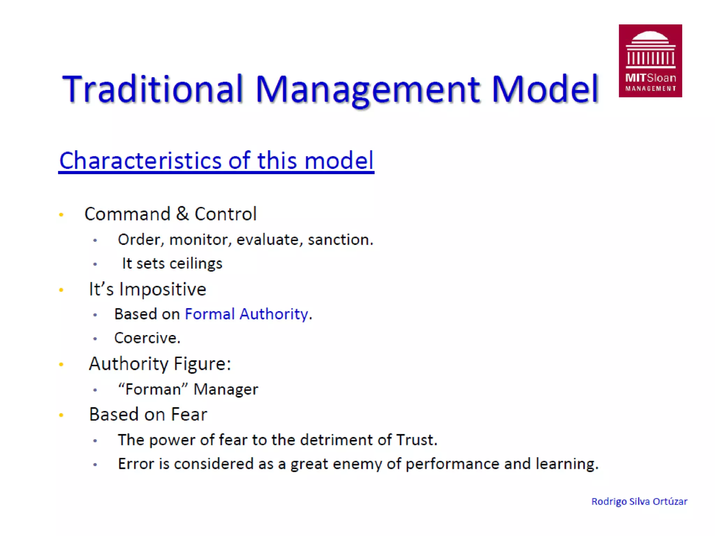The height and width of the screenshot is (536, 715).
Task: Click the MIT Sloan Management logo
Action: point(650,61)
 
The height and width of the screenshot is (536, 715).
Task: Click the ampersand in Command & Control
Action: point(182,214)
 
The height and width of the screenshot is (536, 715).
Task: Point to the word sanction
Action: point(340,240)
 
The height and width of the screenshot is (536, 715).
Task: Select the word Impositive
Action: point(163,289)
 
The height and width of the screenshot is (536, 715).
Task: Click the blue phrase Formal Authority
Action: point(246,314)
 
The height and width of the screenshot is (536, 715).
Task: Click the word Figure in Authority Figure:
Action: point(202,364)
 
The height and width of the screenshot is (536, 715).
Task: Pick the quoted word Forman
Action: point(153,389)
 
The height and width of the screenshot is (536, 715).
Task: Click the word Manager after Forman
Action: point(226,389)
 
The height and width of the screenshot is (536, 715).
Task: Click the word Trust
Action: point(416,440)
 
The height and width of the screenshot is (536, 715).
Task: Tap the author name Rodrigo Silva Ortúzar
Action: point(639,501)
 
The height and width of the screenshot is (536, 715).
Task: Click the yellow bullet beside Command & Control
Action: point(61,215)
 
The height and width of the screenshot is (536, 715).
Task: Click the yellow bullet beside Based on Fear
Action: point(61,415)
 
